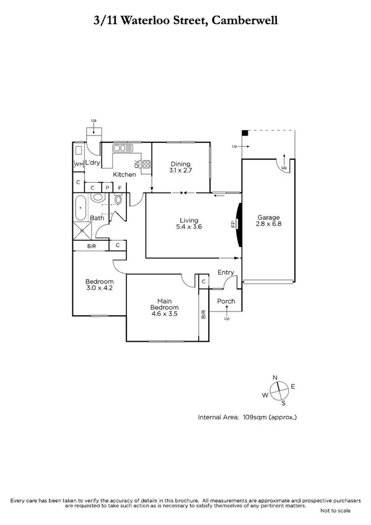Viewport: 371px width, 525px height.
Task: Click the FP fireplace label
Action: [234, 223]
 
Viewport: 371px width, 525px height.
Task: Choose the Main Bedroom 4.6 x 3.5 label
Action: [164, 308]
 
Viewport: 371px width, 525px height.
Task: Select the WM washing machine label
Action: [78, 164]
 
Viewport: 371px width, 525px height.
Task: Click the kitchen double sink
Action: [119, 149]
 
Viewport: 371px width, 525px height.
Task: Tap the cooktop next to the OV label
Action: [147, 164]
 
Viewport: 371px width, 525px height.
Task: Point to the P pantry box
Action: [107, 187]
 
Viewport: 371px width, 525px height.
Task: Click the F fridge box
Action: [120, 187]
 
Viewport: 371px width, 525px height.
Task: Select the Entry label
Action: [226, 272]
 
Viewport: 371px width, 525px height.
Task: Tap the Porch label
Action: [226, 302]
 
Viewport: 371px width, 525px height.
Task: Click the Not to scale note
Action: [335, 511]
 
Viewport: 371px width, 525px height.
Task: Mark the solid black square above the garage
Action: [245, 132]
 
